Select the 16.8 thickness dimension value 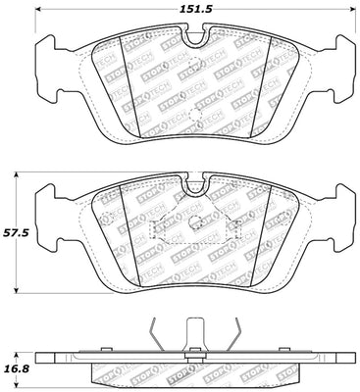19,369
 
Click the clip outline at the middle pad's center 193,227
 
